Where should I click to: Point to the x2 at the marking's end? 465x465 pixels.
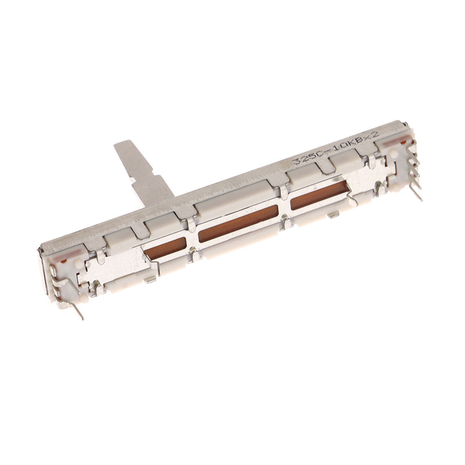(x=372, y=135)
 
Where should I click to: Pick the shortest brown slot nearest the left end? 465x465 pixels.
(x=165, y=249)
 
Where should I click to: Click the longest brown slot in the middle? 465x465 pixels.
(x=238, y=224)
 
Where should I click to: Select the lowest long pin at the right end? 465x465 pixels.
(x=416, y=192)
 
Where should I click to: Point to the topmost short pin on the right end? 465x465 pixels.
(x=413, y=148)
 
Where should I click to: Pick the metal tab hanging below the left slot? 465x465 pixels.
(x=150, y=280)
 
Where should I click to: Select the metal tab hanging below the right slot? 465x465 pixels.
(x=333, y=214)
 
